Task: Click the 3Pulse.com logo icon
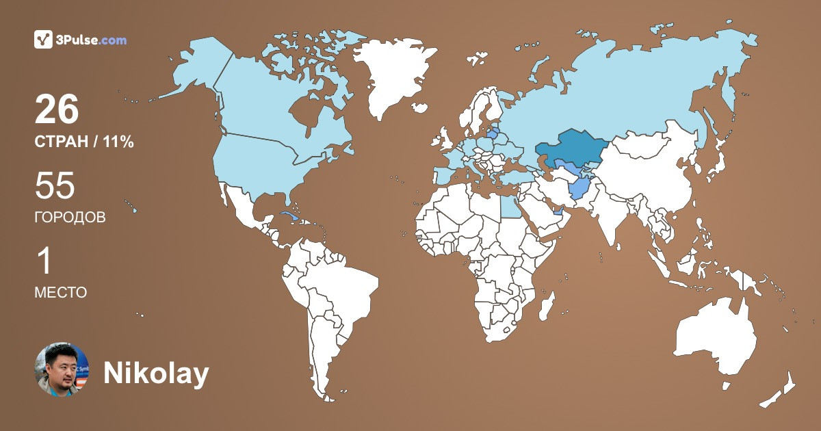(x=43, y=40)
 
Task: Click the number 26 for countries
(x=57, y=109)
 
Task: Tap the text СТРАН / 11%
(x=83, y=142)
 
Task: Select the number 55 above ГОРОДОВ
(x=55, y=186)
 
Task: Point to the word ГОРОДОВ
(x=70, y=218)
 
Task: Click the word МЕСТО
(x=60, y=292)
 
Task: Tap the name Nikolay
(x=155, y=374)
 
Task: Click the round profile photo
(x=62, y=369)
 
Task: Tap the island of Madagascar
(x=546, y=306)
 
